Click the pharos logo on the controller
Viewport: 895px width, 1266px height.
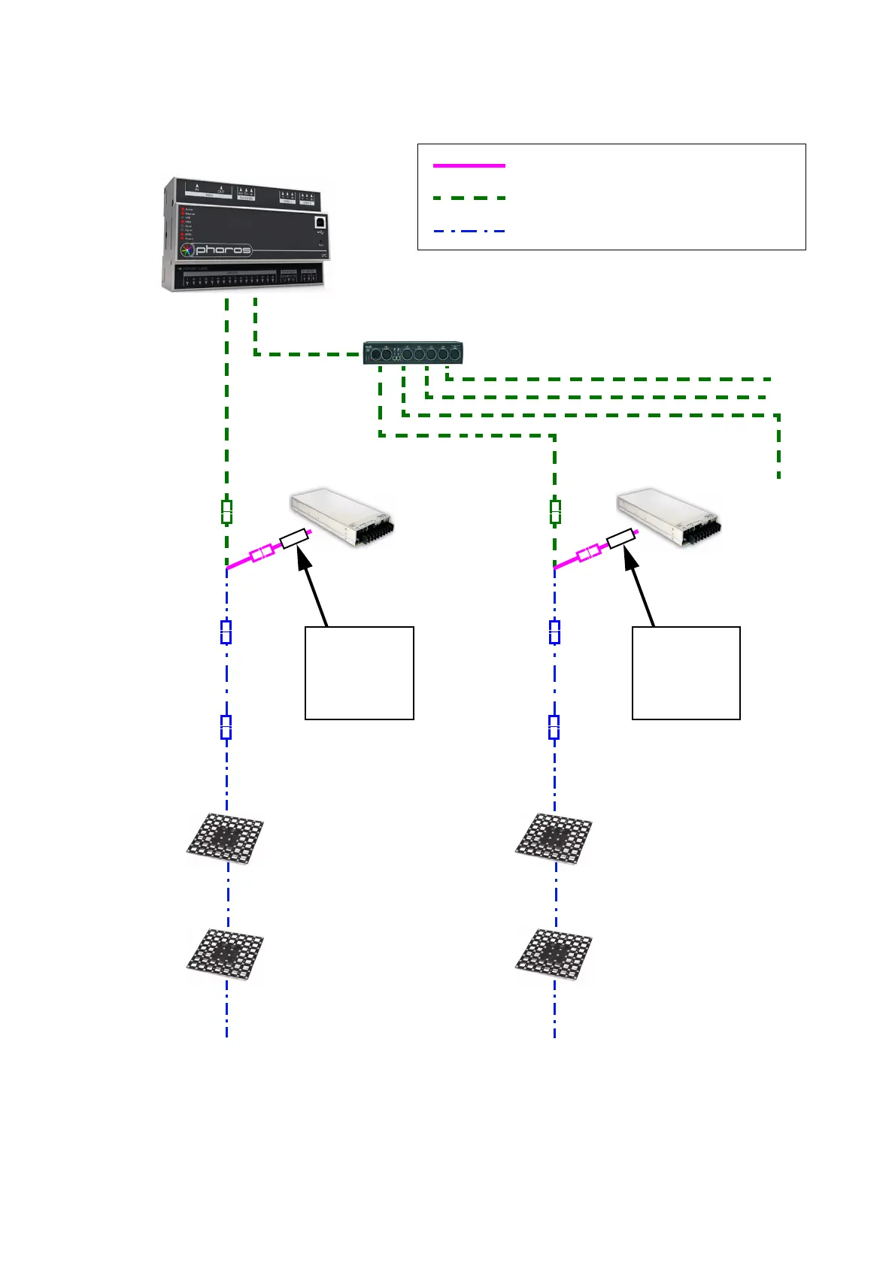coord(216,250)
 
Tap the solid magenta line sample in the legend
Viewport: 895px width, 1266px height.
coord(469,165)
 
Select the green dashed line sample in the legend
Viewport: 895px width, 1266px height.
coord(469,198)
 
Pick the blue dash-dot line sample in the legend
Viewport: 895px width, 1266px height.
coord(469,231)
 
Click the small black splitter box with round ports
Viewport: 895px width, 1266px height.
coord(413,353)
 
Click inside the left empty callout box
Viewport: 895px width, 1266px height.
coord(359,673)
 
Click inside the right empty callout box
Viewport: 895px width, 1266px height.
coord(686,673)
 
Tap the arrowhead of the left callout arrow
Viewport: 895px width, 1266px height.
coord(302,557)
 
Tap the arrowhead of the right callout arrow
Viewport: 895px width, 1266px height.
coord(629,557)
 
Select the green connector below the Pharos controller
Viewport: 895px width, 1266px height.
coord(226,512)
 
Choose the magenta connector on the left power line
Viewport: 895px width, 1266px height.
coord(262,554)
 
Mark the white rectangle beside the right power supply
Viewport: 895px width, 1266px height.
coord(621,539)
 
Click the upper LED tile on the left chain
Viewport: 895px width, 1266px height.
coord(226,837)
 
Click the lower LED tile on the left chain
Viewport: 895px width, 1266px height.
coord(226,954)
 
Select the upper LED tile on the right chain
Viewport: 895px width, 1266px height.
coord(554,837)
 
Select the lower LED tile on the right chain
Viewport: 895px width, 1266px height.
coord(554,954)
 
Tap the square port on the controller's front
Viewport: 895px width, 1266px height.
coord(320,223)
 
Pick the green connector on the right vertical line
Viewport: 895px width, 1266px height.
coord(555,512)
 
